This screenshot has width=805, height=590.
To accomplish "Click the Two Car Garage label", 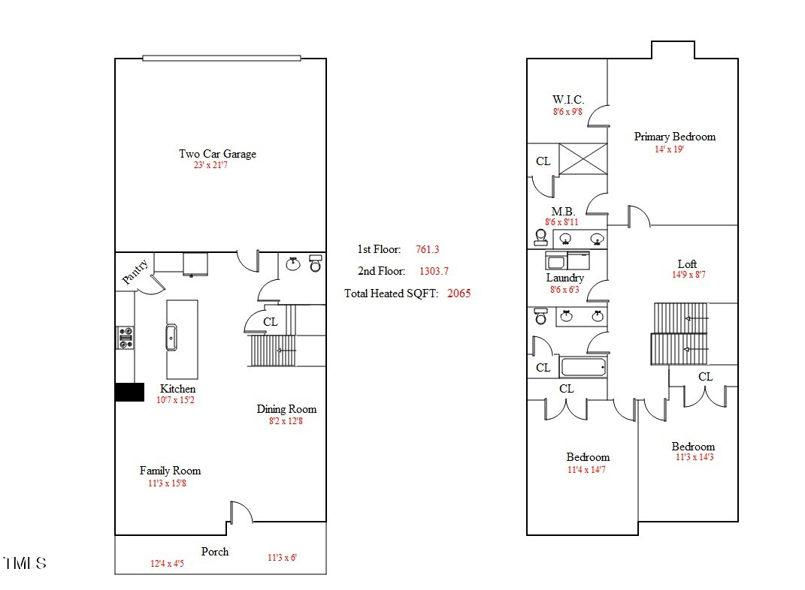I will point(217,154).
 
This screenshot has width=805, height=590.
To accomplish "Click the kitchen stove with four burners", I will point(125,337).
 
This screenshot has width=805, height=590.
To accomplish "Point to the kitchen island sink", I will point(171,338).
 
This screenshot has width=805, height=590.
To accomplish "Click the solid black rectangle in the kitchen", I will point(129,393).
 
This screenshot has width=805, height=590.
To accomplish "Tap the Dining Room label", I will point(286,409).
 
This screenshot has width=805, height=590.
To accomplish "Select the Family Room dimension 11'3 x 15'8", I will point(170,483).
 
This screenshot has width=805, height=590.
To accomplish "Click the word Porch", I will point(215,552).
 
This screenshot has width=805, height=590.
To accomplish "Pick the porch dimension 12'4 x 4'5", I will point(168,563).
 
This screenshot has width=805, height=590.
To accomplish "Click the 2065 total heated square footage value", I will point(458,293).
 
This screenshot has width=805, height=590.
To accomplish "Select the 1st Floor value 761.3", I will point(427,249).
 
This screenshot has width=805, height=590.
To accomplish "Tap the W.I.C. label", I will point(567,100).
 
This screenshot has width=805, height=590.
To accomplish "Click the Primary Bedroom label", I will point(674,137).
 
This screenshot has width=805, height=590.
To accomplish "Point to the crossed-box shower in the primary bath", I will point(583,159).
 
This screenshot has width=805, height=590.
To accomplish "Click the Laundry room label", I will point(565,278).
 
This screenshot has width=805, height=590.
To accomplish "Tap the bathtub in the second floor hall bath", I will point(583,368).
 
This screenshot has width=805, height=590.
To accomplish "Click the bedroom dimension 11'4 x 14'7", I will point(588,470).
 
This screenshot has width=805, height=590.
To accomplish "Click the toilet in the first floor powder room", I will point(316,265).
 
